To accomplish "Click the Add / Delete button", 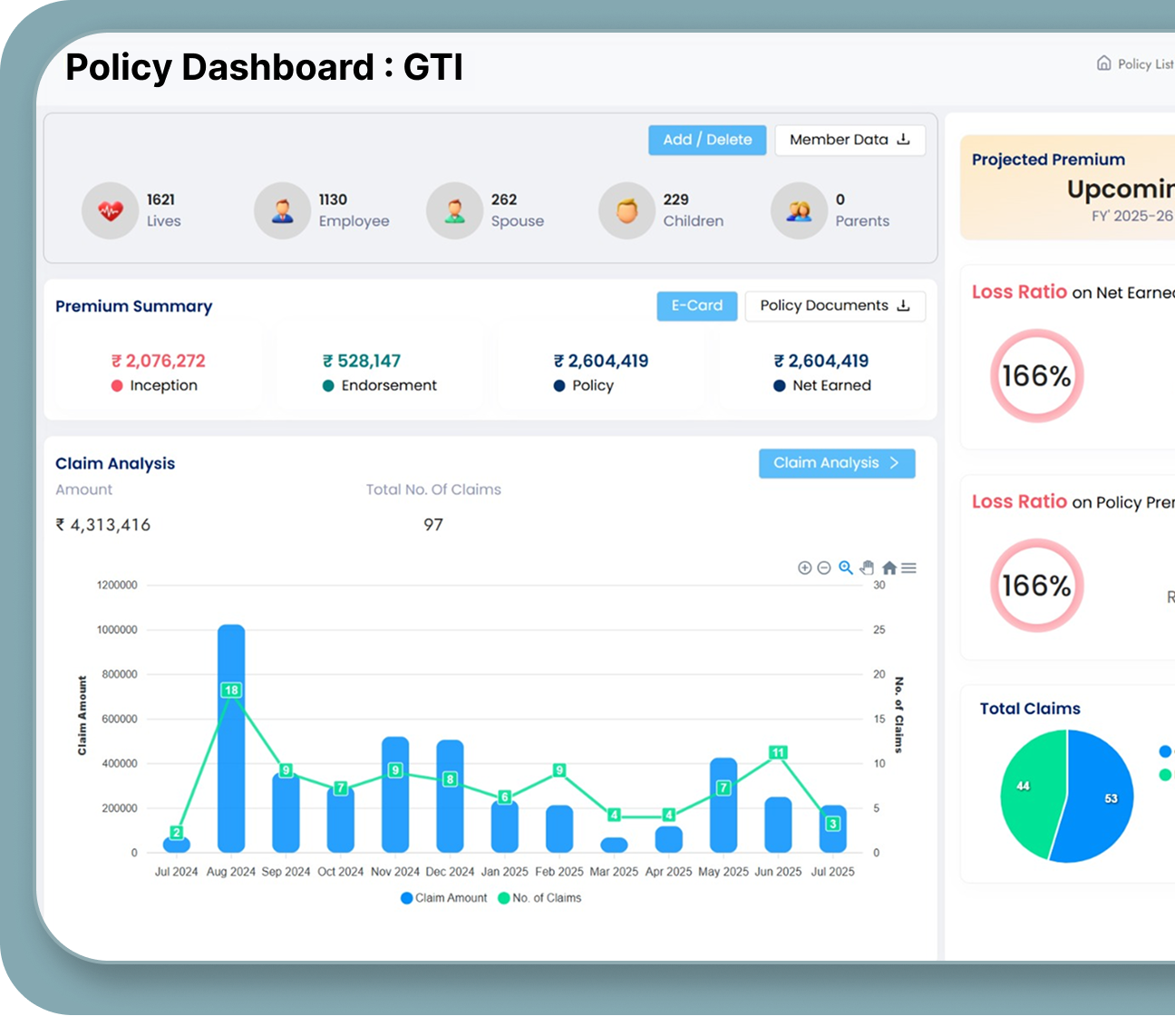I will coord(707,140).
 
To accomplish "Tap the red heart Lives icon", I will coord(110,211).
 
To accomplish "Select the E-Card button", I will coord(696,305).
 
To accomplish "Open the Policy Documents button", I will coord(834,305).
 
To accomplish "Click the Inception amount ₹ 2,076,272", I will coord(158,361).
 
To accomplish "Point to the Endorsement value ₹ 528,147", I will coord(362,361).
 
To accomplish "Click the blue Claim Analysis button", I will coord(836,463).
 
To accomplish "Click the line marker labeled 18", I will coord(231,691).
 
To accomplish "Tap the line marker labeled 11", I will coord(778,752).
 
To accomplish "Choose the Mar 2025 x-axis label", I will coord(614,872).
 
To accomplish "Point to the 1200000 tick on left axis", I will coord(117,585).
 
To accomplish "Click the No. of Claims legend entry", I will coord(540,898).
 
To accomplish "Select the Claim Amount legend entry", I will coord(444,898).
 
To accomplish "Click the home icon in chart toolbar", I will coord(889,568).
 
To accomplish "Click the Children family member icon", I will coord(626,211).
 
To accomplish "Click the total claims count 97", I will coord(433,525).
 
